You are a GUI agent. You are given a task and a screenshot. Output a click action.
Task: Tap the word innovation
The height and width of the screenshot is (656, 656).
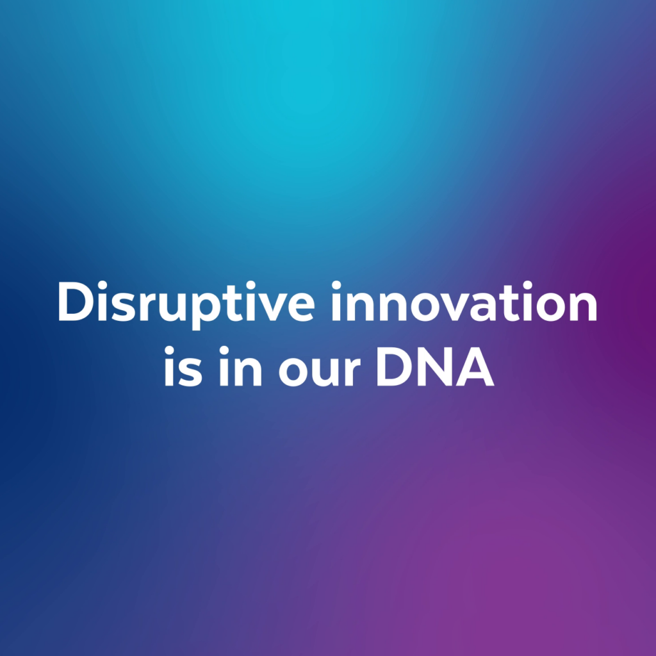[464, 301]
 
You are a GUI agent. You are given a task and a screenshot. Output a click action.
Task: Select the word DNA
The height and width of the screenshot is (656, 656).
[436, 367]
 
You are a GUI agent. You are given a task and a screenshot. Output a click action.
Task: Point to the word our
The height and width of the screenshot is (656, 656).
[319, 371]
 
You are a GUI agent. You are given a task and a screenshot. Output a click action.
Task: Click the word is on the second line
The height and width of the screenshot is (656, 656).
[183, 366]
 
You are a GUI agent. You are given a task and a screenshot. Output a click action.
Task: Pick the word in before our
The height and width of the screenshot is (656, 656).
[241, 366]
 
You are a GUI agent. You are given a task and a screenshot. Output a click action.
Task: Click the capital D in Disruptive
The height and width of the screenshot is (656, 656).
[76, 301]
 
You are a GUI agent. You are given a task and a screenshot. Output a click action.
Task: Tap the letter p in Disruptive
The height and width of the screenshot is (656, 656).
[208, 311]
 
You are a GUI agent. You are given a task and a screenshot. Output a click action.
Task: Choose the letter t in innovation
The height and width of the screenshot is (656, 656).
[509, 303]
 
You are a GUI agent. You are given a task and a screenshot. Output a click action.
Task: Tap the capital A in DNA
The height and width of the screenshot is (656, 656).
[475, 367]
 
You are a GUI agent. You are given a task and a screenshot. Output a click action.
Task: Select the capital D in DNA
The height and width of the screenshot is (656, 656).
[394, 367]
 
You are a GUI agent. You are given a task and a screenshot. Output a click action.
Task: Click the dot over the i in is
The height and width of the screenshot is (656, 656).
[169, 350]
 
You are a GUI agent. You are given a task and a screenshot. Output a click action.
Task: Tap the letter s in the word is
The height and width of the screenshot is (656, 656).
[190, 371]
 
